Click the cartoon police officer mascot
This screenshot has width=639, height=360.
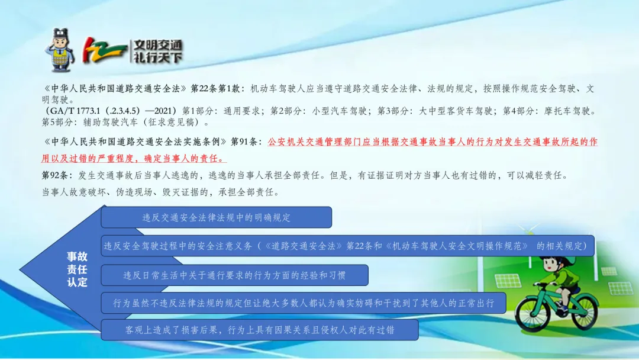(x=61, y=50)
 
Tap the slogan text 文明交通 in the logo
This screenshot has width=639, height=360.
(x=158, y=45)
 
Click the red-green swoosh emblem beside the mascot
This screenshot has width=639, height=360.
(x=104, y=50)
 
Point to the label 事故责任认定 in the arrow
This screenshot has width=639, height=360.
(x=77, y=269)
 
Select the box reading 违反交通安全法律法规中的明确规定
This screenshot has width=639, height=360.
(x=217, y=217)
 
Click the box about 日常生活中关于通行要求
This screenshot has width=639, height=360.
(x=235, y=275)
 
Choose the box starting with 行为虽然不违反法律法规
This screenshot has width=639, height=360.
(x=304, y=303)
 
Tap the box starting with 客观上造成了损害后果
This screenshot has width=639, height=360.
(x=260, y=330)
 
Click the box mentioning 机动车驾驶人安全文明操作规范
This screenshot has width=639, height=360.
(x=348, y=246)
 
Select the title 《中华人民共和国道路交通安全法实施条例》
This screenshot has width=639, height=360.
(x=134, y=142)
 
